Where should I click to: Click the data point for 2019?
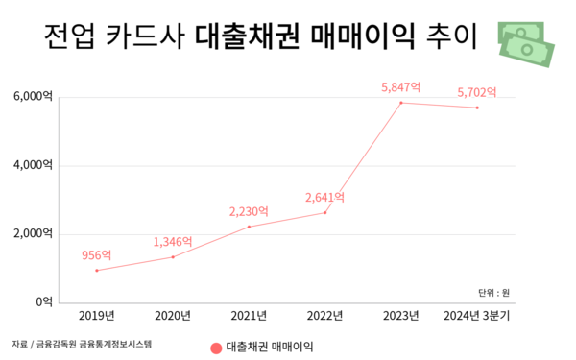[x=97, y=270]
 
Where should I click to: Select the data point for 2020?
[x=173, y=256]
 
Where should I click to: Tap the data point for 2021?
[x=249, y=227]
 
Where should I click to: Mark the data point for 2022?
[x=325, y=212]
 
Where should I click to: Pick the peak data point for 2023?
[x=401, y=103]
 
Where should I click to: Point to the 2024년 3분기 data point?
[x=477, y=108]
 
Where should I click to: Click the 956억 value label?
[x=97, y=255]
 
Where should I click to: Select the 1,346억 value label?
[x=173, y=241]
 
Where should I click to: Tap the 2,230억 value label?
[x=249, y=211]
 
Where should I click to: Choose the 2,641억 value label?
[x=324, y=198]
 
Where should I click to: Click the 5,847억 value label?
[x=401, y=87]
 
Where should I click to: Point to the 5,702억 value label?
[x=477, y=92]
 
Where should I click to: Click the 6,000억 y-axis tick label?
[x=33, y=97]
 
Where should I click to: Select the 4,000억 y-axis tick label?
[x=33, y=165]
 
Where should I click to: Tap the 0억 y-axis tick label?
[x=44, y=301]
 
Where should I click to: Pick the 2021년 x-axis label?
[x=249, y=315]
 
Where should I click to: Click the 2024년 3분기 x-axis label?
[x=477, y=315]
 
